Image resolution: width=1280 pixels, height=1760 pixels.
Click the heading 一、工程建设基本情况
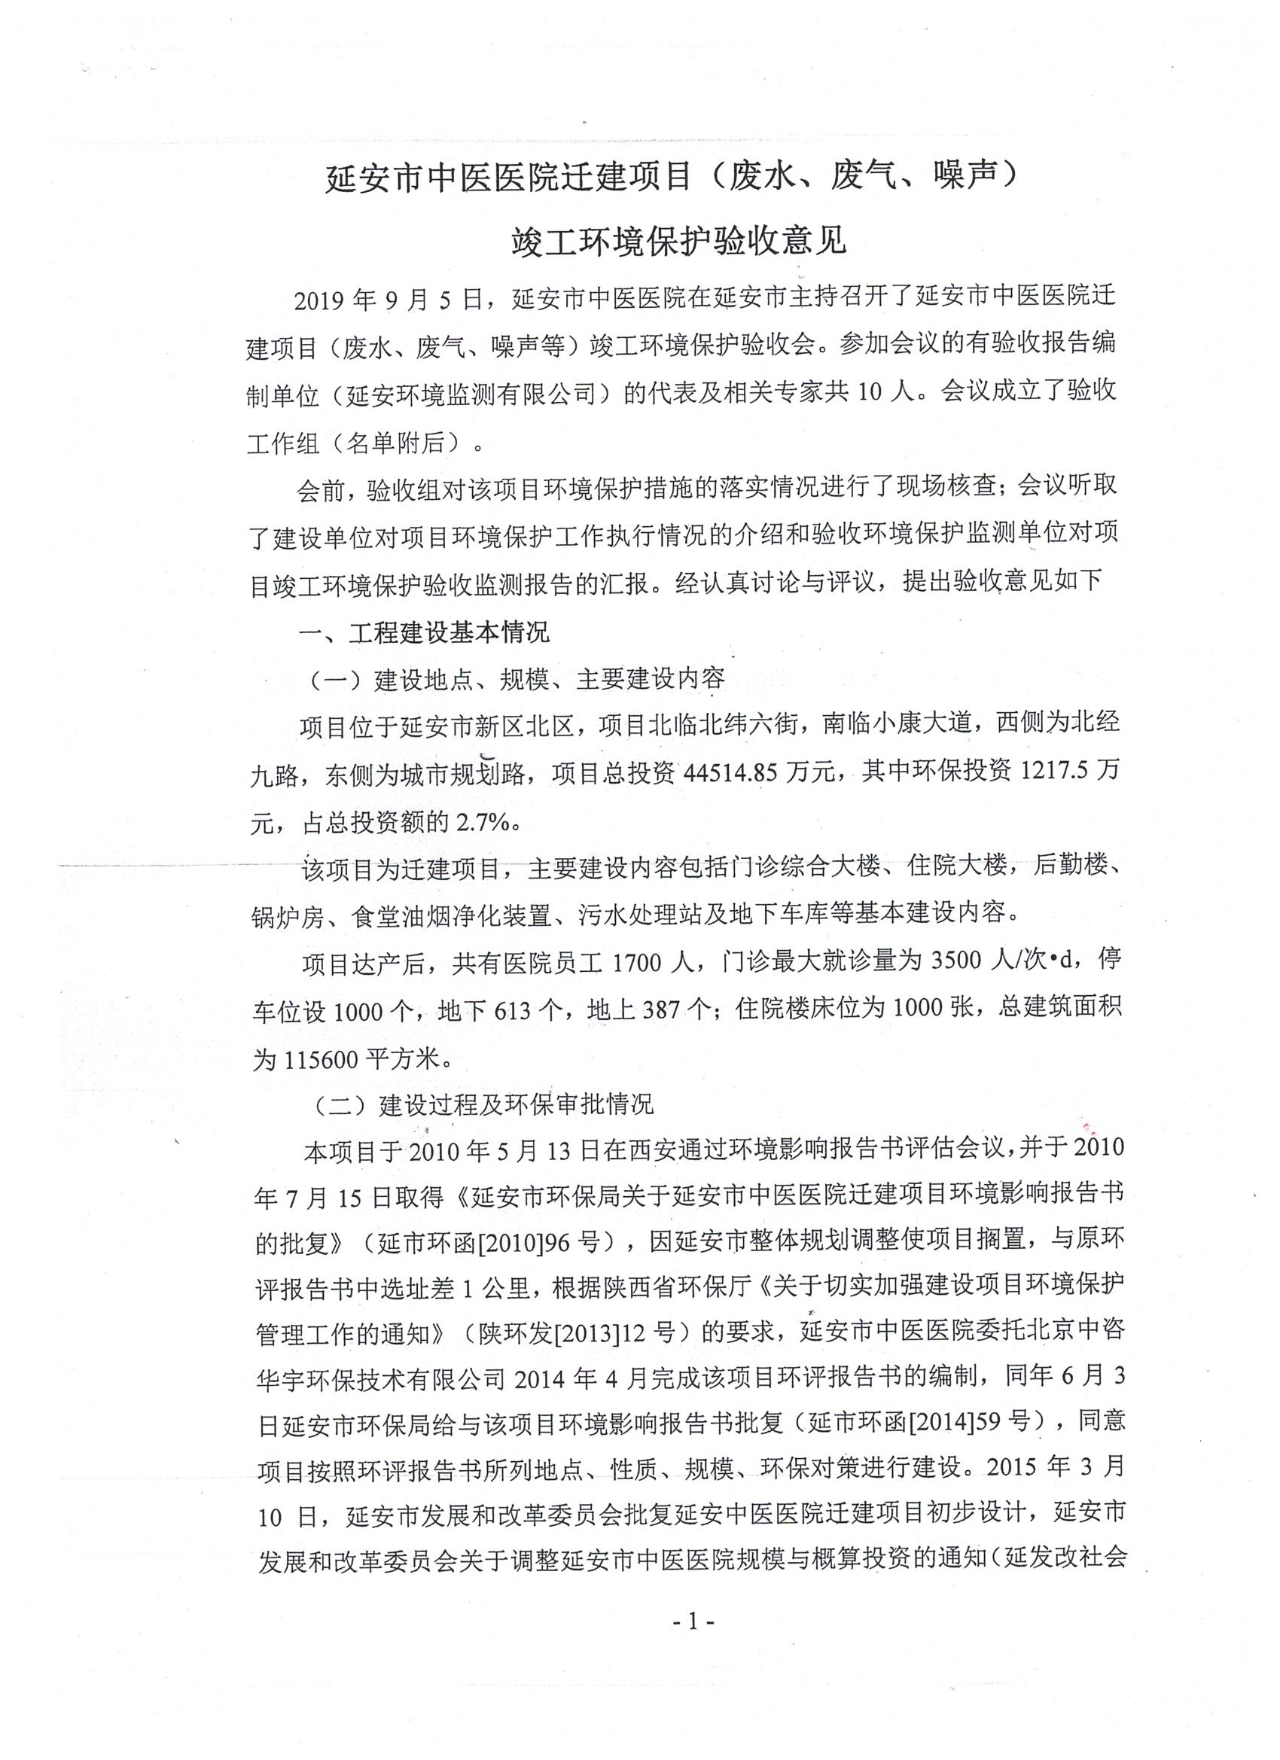pos(425,632)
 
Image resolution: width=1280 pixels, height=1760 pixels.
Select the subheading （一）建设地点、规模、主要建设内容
pos(517,679)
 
